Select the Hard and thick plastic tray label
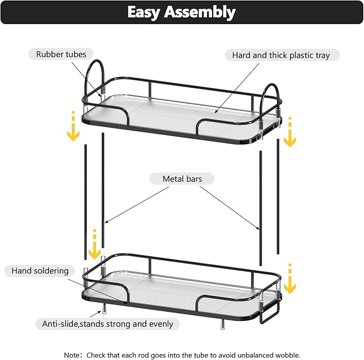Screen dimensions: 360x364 [x=281, y=55]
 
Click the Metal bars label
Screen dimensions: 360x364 [x=182, y=178]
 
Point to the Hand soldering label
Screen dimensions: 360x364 [x=40, y=271]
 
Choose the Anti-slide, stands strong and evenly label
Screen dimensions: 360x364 [x=108, y=324]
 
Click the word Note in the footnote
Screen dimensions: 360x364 [x=73, y=355]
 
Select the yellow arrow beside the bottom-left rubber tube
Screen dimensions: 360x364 [x=95, y=245]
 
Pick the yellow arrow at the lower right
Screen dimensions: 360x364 [x=289, y=280]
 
